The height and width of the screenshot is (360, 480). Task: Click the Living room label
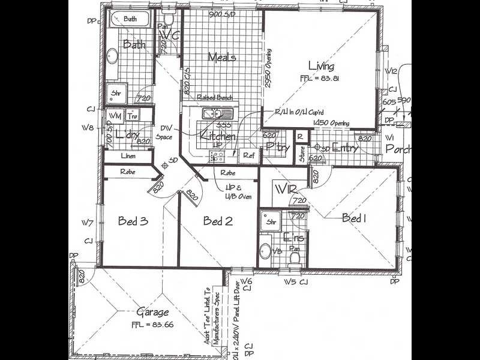[321, 66]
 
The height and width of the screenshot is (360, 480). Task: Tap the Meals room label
[221, 58]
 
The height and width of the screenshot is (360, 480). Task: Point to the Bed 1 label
[354, 218]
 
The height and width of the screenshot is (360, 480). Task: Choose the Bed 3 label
[133, 221]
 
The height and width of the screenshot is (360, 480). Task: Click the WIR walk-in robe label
[287, 191]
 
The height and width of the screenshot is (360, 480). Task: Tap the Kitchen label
[218, 137]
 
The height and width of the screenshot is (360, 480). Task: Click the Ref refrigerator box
[248, 155]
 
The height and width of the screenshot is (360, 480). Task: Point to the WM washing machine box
[115, 116]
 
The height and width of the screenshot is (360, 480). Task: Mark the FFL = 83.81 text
[321, 79]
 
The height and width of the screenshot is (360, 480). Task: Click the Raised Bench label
[214, 97]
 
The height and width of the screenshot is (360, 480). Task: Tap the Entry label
[346, 148]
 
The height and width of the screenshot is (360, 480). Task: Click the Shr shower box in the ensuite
[270, 221]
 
